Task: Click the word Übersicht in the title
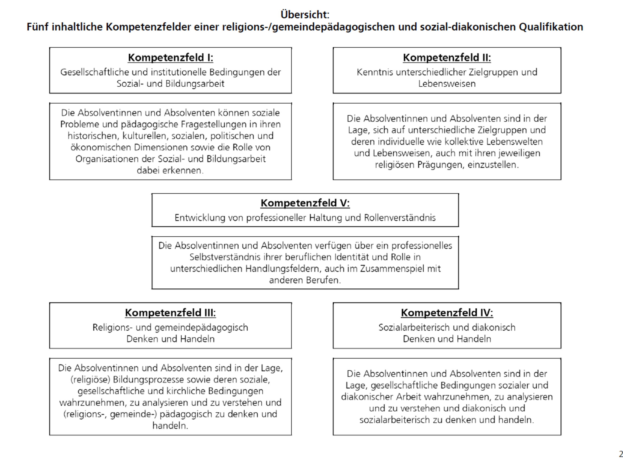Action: pos(305,14)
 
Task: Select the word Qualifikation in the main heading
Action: pos(551,27)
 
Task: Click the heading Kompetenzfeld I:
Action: pos(170,58)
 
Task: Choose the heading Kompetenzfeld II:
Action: pos(447,58)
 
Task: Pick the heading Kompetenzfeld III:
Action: pos(170,313)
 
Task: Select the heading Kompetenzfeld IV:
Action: pos(447,313)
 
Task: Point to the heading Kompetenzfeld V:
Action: pos(305,203)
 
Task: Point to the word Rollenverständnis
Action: pos(400,218)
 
